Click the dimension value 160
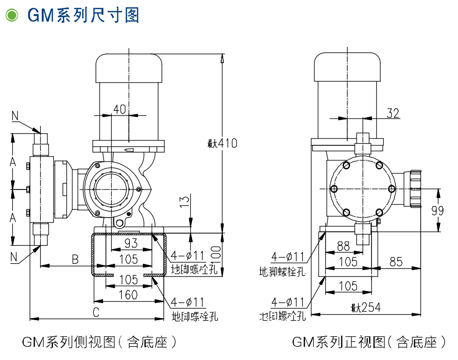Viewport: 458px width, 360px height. pos(128,294)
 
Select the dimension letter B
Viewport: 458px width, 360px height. pos(75,259)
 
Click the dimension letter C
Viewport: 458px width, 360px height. pos(96,312)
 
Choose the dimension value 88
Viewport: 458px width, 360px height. pos(343,246)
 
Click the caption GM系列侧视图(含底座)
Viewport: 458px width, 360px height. pos(99,342)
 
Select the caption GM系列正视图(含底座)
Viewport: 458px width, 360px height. pos(369,342)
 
